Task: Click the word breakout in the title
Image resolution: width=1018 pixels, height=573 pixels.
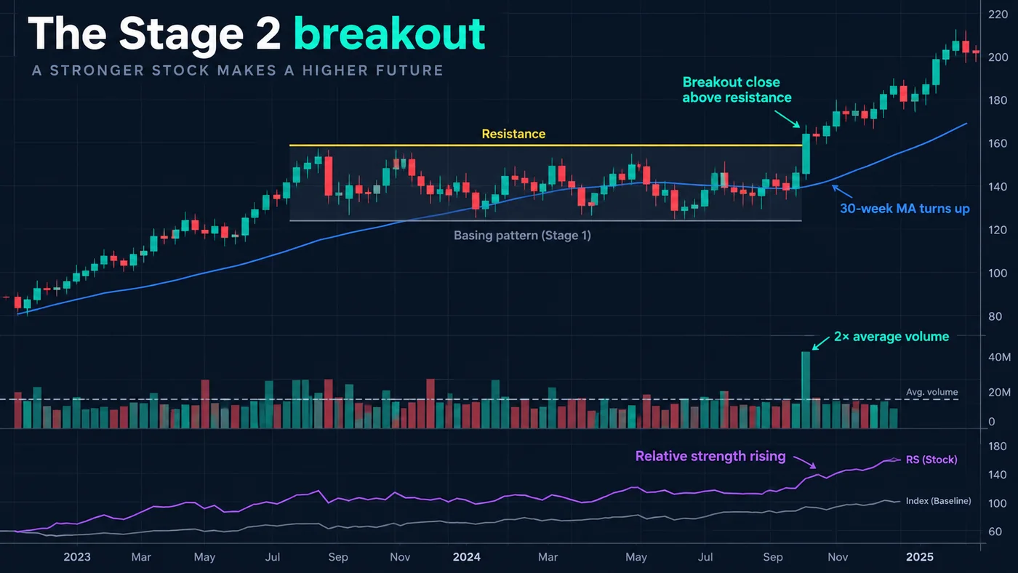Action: pyautogui.click(x=389, y=33)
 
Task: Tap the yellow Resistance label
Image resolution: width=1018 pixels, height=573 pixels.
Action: pyautogui.click(x=513, y=134)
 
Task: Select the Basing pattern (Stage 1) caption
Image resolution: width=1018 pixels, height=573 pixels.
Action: pyautogui.click(x=522, y=236)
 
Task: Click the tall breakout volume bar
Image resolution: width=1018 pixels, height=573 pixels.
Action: pyautogui.click(x=806, y=390)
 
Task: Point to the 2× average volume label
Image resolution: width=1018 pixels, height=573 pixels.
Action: pyautogui.click(x=891, y=337)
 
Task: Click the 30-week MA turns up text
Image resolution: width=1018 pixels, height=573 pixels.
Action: pyautogui.click(x=905, y=209)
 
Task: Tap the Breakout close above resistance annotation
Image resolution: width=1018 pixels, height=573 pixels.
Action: pyautogui.click(x=737, y=89)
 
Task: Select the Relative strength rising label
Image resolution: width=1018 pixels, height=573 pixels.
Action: pyautogui.click(x=710, y=456)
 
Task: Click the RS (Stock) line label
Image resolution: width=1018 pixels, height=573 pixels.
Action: pyautogui.click(x=931, y=460)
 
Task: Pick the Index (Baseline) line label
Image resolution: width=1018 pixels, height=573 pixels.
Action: pyautogui.click(x=939, y=501)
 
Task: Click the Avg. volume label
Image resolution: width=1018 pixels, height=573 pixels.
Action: pyautogui.click(x=931, y=392)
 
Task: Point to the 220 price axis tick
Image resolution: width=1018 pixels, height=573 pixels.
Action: pyautogui.click(x=998, y=15)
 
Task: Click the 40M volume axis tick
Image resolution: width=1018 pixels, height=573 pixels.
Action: pyautogui.click(x=999, y=357)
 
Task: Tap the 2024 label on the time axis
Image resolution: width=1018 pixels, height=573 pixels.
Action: pyautogui.click(x=466, y=557)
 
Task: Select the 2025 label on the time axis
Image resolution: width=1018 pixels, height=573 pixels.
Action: pyautogui.click(x=919, y=557)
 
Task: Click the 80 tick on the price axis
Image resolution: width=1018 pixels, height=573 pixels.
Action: pyautogui.click(x=995, y=316)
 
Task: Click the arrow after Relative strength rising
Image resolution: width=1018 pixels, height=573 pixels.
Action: pyautogui.click(x=805, y=462)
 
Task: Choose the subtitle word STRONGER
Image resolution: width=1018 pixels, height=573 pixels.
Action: pyautogui.click(x=98, y=71)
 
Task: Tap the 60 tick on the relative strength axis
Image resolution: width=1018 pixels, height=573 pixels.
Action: pyautogui.click(x=995, y=532)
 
